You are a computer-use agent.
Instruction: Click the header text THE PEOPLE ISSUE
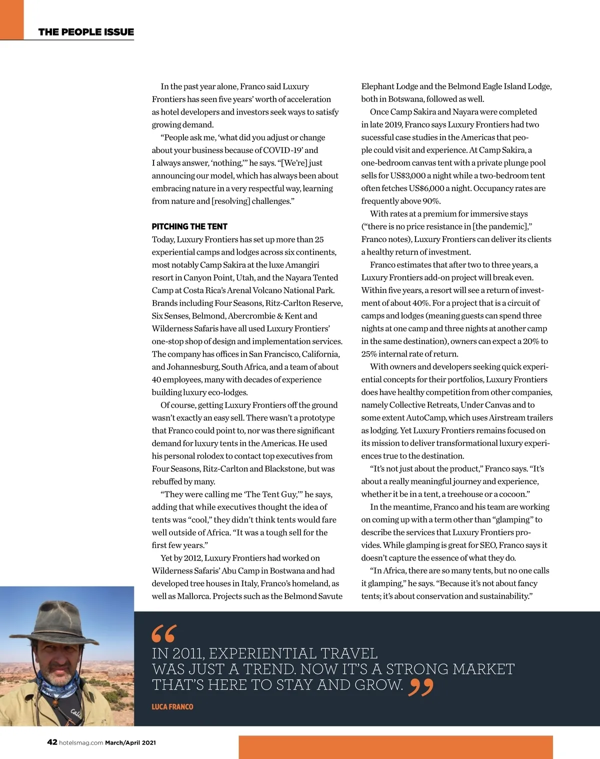[86, 32]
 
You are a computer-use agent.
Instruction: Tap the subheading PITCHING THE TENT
[189, 226]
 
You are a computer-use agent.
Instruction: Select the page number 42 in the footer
[52, 742]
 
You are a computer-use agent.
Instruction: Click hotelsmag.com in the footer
[81, 742]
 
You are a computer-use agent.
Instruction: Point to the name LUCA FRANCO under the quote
[172, 706]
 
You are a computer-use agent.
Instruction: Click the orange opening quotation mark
[163, 633]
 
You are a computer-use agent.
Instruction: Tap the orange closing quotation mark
[420, 687]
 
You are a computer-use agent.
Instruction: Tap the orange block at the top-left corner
[11, 19]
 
